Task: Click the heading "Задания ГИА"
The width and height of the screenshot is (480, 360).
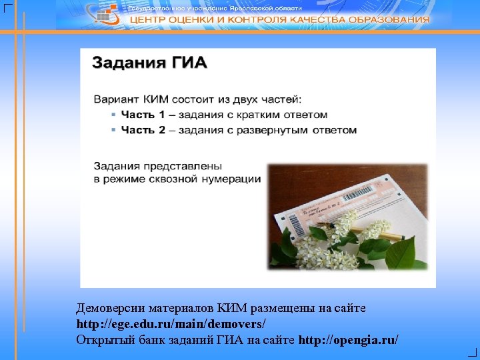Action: [149, 63]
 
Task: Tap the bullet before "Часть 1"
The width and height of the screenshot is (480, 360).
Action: [113, 115]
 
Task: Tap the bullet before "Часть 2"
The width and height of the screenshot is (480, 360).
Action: [113, 130]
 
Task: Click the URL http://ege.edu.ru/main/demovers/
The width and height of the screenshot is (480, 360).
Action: [171, 324]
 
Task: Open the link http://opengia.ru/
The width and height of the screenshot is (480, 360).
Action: [349, 339]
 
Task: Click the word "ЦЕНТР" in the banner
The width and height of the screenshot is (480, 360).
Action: [147, 20]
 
